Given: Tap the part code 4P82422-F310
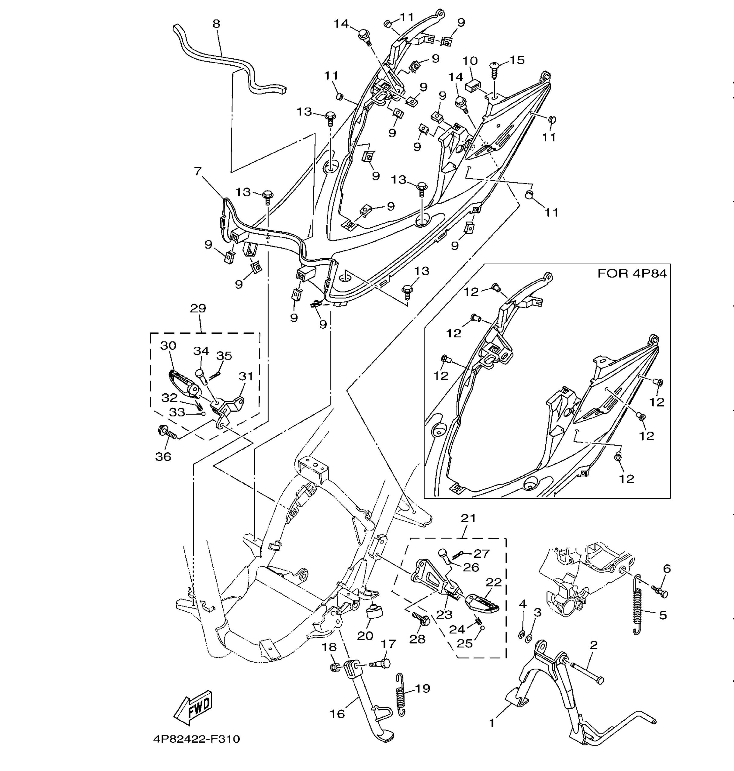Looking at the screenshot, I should click(196, 739).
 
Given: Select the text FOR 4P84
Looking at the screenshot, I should click(632, 273).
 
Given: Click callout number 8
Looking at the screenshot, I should click(216, 24).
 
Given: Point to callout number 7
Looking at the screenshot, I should click(198, 171).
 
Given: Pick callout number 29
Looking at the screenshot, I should click(198, 308).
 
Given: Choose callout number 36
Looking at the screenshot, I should click(163, 456).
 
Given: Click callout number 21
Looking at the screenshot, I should click(468, 518).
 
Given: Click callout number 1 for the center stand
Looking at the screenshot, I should click(492, 723).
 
